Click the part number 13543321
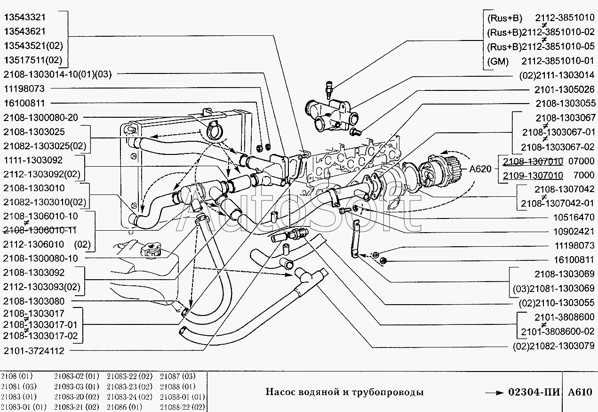coord(25,17)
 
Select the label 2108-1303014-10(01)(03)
coord(57,74)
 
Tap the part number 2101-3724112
coord(33,351)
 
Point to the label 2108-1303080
coord(33,301)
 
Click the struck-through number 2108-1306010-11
coord(40,230)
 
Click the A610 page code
coord(580,392)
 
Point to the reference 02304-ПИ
coord(534,392)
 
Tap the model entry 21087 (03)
coord(177,376)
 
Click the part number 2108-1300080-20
coord(40,117)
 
